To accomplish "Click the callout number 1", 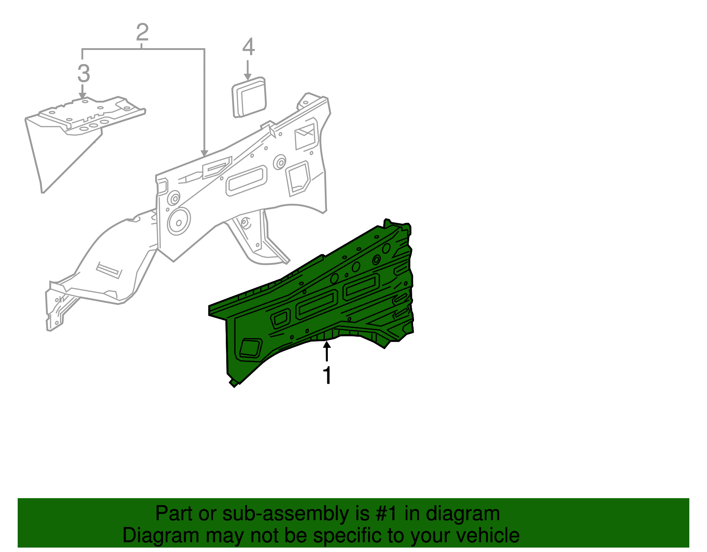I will pyautogui.click(x=327, y=376).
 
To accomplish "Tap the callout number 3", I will pyautogui.click(x=84, y=73).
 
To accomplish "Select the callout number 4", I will pyautogui.click(x=248, y=47).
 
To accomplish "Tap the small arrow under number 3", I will pyautogui.click(x=82, y=91).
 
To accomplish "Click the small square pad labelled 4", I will pyautogui.click(x=249, y=97).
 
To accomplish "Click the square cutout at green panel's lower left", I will pyautogui.click(x=251, y=348).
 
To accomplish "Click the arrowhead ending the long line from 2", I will pyautogui.click(x=204, y=152).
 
